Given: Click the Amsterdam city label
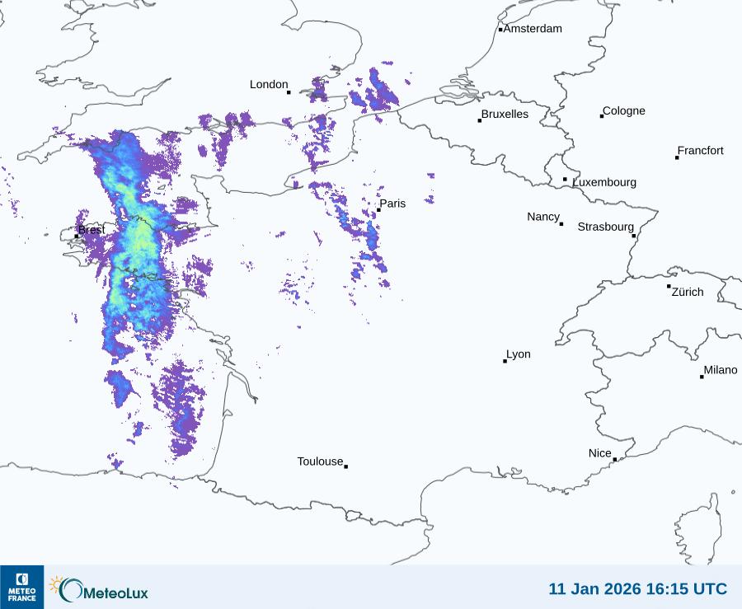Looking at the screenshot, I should (x=533, y=29).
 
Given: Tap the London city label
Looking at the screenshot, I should (x=269, y=85).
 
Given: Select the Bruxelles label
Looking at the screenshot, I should (x=505, y=115).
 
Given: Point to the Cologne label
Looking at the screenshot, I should (x=624, y=111).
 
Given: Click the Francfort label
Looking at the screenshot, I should (x=700, y=151).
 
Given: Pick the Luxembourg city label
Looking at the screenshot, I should (x=604, y=182).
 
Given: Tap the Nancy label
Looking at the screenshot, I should (x=543, y=217).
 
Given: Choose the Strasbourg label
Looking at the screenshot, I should (x=605, y=227).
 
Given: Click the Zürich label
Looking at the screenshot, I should (x=688, y=292).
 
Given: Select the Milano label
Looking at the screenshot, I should (x=721, y=370).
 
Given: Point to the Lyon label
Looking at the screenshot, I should (x=519, y=354).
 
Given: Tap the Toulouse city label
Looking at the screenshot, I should (x=320, y=461).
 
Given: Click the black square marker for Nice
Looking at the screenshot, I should (x=615, y=460).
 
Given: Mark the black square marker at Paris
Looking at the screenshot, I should (x=378, y=210).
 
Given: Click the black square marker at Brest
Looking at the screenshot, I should (x=77, y=237).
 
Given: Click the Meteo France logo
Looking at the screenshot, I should (x=21, y=587).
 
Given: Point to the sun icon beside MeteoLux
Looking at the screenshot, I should (x=56, y=585).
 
